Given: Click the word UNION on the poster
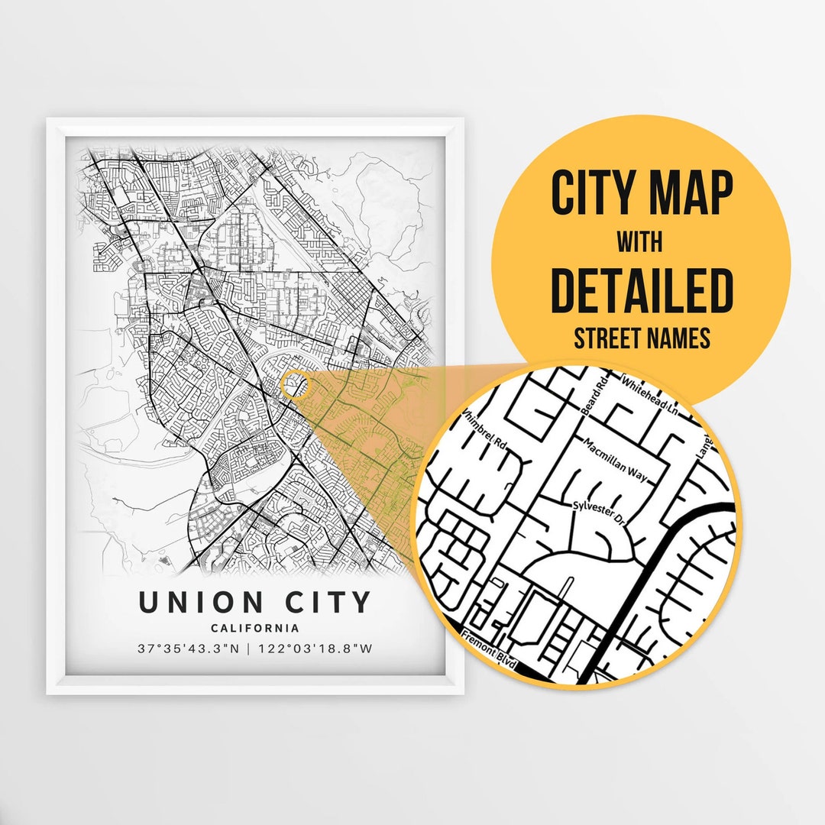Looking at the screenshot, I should (201, 603).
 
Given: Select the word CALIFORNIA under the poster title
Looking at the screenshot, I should (255, 629).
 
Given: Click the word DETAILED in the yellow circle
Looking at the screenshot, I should (642, 290).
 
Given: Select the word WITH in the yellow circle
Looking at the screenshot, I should (640, 242).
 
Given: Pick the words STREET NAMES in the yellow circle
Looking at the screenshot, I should (642, 338).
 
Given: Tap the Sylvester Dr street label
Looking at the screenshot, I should (600, 513).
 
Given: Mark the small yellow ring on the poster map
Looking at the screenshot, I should (295, 384).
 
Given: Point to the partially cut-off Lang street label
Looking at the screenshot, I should (704, 445).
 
